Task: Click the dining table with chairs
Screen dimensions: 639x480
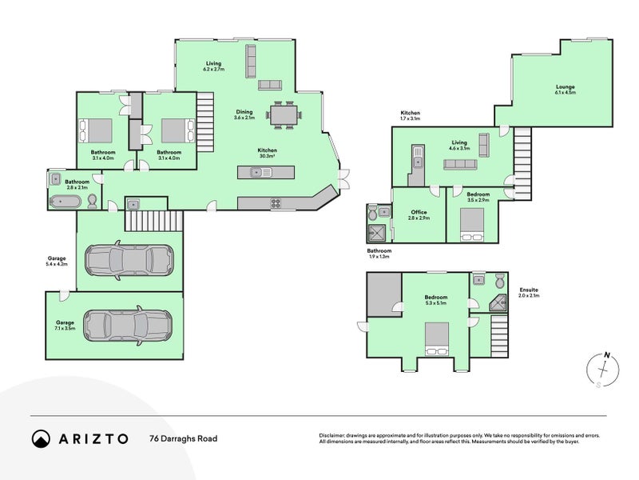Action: pos(284,115)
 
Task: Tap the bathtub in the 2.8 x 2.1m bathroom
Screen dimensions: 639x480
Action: pos(65,202)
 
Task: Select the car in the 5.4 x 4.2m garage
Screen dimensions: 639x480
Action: pos(129,260)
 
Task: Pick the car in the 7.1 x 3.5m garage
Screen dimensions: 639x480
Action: pos(128,326)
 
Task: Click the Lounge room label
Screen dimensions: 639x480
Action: pos(566,90)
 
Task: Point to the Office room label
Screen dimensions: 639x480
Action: pos(419,214)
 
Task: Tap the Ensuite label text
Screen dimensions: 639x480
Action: pos(529,292)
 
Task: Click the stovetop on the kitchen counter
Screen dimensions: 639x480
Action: pos(276,203)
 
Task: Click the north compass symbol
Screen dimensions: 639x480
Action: pos(603,370)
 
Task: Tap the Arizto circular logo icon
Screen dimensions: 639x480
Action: pos(41,438)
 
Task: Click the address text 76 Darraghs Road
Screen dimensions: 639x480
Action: pos(184,438)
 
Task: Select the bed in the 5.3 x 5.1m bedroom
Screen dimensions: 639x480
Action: pos(437,339)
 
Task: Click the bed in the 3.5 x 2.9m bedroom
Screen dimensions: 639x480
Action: pos(472,225)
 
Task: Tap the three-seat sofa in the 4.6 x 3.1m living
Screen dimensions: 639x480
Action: pos(460,165)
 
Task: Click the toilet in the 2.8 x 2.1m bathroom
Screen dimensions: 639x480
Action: pos(93,202)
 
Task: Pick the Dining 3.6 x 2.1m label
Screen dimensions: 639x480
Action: pos(244,114)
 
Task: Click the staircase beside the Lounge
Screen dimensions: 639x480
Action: pos(522,163)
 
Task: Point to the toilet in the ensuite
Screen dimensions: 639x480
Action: pos(500,281)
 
